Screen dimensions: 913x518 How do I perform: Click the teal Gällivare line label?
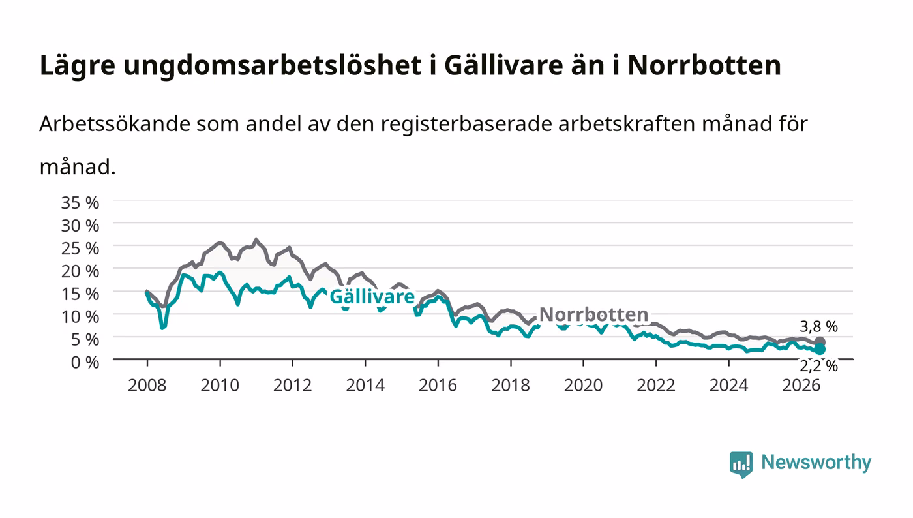click(x=372, y=297)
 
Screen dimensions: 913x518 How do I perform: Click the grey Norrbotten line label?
click(x=593, y=314)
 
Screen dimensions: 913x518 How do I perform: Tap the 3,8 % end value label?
click(x=818, y=326)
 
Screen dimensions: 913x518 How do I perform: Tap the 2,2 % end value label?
click(x=818, y=366)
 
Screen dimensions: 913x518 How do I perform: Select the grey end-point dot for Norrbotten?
click(x=819, y=342)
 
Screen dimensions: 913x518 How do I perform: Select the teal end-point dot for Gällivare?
click(x=819, y=349)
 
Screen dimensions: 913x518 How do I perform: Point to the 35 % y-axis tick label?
click(x=80, y=203)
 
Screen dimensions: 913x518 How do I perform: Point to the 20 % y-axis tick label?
click(x=80, y=271)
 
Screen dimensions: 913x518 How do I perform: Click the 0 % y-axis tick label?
click(x=85, y=363)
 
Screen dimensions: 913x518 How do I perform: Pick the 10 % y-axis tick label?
click(x=80, y=317)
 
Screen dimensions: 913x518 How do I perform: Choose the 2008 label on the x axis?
click(x=147, y=386)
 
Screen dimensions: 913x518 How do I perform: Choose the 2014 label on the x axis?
click(x=365, y=386)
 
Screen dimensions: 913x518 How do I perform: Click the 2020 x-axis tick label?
click(x=583, y=386)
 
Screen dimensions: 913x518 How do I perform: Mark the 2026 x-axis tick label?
click(x=801, y=386)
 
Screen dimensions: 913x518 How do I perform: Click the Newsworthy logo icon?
click(x=741, y=464)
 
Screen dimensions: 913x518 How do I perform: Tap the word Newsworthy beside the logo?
click(x=816, y=463)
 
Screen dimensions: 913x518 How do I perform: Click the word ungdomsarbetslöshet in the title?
click(x=273, y=65)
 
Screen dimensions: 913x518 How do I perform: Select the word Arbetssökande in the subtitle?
click(x=115, y=123)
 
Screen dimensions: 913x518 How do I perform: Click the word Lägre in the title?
click(x=78, y=65)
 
